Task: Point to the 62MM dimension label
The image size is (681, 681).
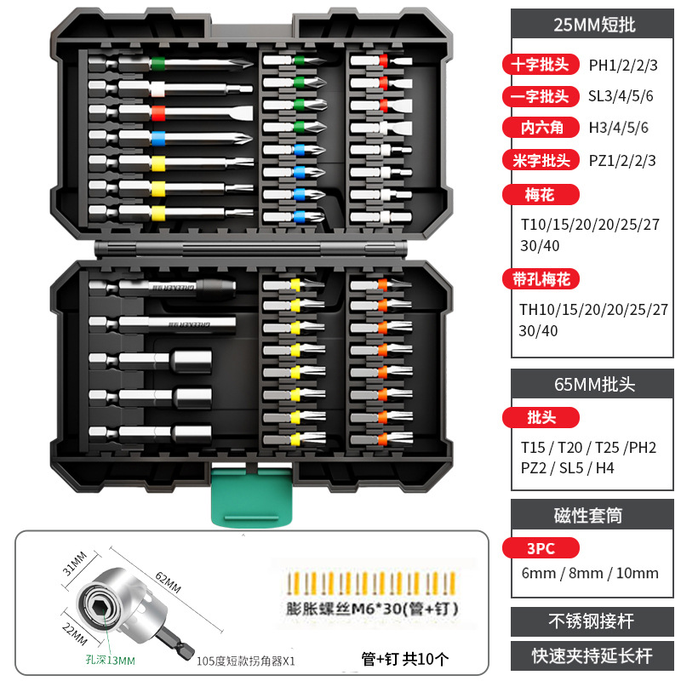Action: coord(168,585)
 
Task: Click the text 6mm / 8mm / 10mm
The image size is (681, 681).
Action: coord(590,573)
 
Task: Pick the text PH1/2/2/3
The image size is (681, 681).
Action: coord(623,65)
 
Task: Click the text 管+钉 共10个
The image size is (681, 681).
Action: coord(404,657)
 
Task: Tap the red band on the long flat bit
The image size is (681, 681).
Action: coord(157,112)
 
